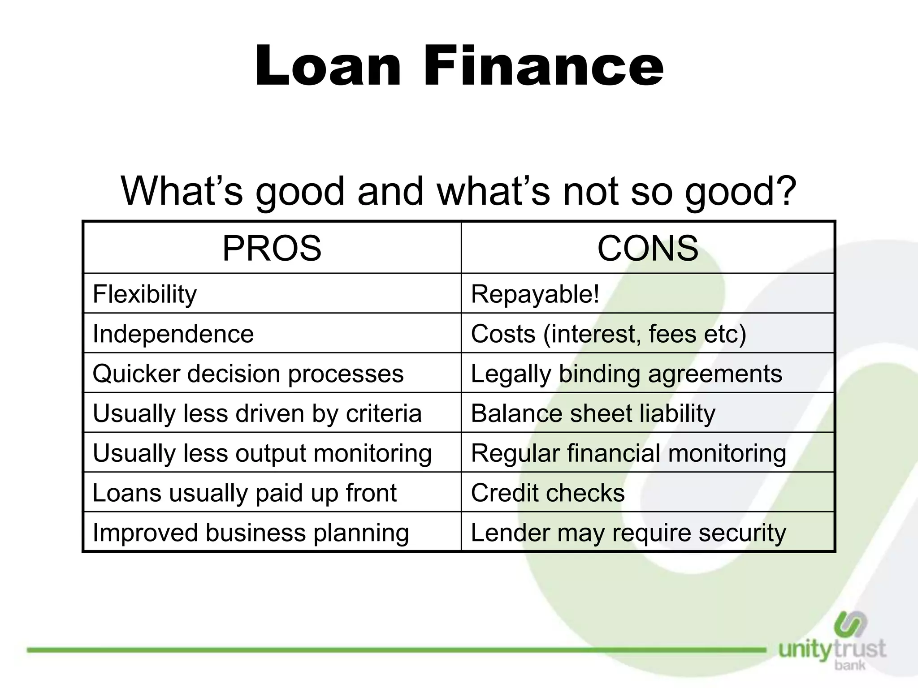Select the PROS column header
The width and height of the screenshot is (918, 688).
coord(272,248)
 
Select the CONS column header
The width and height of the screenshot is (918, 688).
coord(648,248)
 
